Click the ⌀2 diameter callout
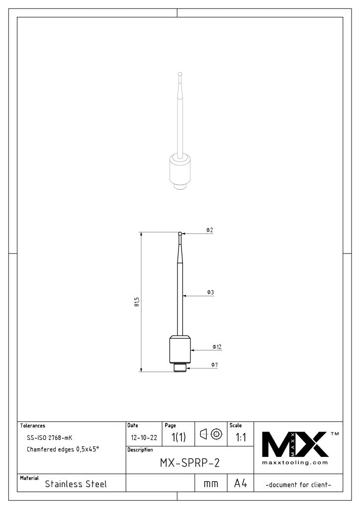pos(210,230)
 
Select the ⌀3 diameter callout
pos(210,292)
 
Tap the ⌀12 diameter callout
pos(217,346)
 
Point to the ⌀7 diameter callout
pos(214,365)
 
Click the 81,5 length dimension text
pos(137,302)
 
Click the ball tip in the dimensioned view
pos(180,233)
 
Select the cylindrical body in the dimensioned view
pos(180,350)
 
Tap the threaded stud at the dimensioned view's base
pos(180,368)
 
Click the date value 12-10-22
pos(143,438)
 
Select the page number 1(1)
pos(179,437)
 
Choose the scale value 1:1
pos(241,437)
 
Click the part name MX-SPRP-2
pos(189,463)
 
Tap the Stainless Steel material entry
pos(76,484)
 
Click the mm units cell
pos(211,484)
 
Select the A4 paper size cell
pos(241,484)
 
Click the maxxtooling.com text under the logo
pos(295,463)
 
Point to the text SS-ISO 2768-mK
pos(49,438)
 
